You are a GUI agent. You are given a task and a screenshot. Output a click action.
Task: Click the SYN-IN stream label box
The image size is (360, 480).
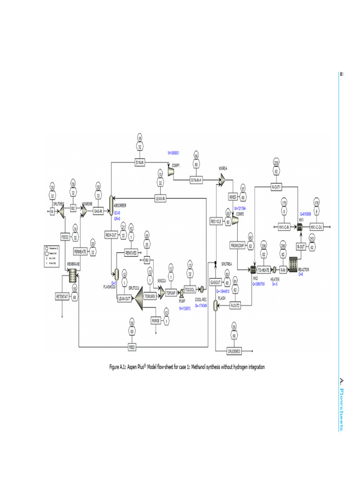pyautogui.click(x=139, y=162)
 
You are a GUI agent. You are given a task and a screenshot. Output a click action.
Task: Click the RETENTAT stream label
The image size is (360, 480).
pyautogui.click(x=62, y=296)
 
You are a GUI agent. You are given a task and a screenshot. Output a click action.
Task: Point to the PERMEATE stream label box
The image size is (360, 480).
pyautogui.click(x=80, y=252)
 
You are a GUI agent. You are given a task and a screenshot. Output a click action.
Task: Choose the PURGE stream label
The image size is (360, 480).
pyautogui.click(x=156, y=321)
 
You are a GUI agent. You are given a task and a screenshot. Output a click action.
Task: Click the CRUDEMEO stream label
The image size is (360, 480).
pyautogui.click(x=234, y=351)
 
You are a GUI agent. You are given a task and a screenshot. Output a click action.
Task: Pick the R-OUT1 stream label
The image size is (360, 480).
pyautogui.click(x=276, y=187)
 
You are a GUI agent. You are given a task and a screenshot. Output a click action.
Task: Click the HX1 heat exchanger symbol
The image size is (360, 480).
pyautogui.click(x=298, y=226)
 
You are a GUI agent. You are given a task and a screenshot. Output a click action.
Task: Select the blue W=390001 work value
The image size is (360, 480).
pyautogui.click(x=173, y=153)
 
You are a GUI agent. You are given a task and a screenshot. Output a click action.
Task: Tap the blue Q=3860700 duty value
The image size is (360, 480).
pyautogui.click(x=259, y=284)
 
